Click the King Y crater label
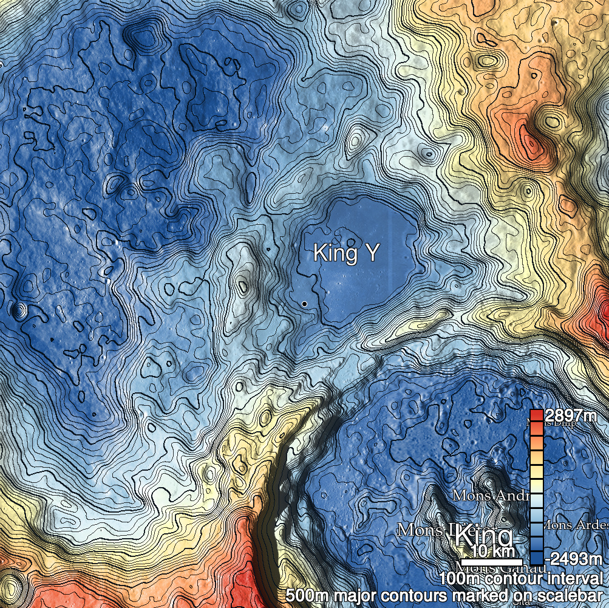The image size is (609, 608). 345,253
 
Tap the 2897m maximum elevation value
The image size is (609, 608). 570,416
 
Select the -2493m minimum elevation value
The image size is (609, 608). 573,558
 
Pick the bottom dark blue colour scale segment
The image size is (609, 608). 536,558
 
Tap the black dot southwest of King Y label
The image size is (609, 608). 304,302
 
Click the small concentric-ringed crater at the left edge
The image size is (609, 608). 19,312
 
